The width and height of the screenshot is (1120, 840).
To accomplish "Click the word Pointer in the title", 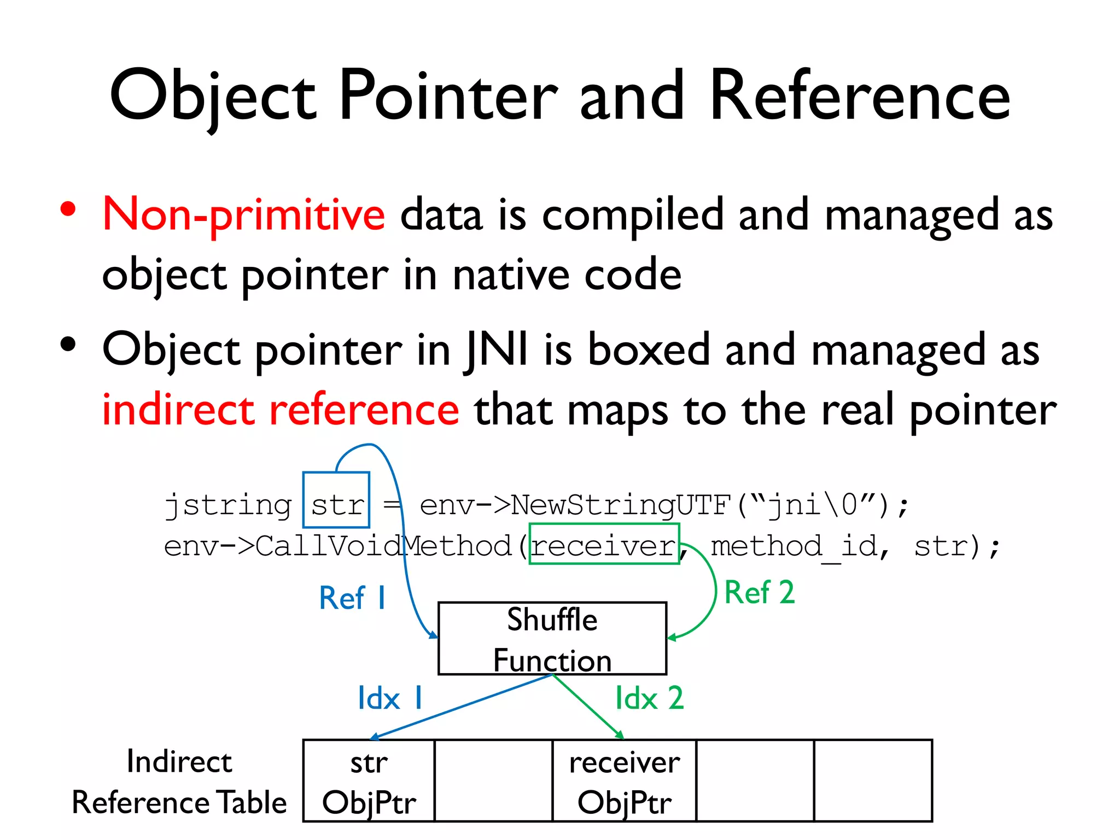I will tap(448, 96).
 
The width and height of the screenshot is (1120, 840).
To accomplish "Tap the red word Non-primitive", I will tap(244, 215).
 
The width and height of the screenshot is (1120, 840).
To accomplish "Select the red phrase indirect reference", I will tap(281, 410).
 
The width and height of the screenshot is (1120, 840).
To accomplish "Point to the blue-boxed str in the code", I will tap(336, 504).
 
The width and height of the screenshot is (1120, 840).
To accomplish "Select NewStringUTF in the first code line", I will tap(621, 504).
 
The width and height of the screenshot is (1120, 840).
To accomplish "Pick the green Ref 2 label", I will tap(759, 593).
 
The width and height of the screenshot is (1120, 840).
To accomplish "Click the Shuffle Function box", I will tap(552, 639).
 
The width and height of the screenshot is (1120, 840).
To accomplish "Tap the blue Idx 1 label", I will tap(390, 698).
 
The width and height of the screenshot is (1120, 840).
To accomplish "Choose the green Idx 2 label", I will tap(649, 698).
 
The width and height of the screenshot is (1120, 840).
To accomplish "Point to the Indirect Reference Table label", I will tap(179, 782).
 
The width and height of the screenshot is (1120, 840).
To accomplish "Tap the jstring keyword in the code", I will tap(228, 505).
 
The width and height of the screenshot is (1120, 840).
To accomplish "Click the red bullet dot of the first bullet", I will tap(68, 209).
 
